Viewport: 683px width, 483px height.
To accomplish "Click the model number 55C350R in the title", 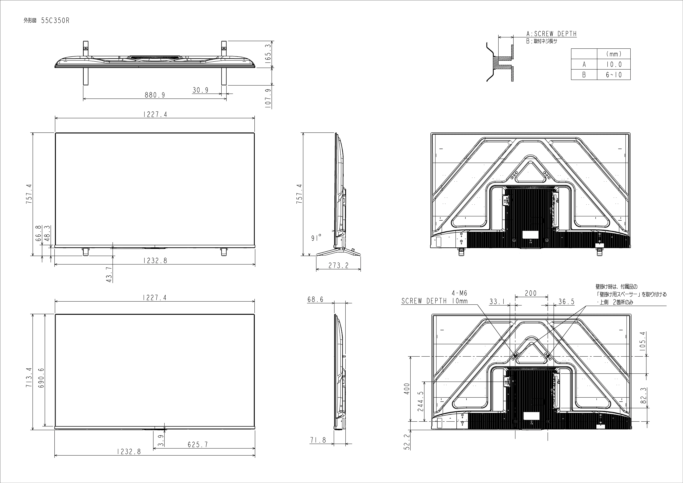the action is pos(55,21).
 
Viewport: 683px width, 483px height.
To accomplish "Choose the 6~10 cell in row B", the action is pos(614,75).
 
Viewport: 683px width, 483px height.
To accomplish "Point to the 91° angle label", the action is pos(316,238).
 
